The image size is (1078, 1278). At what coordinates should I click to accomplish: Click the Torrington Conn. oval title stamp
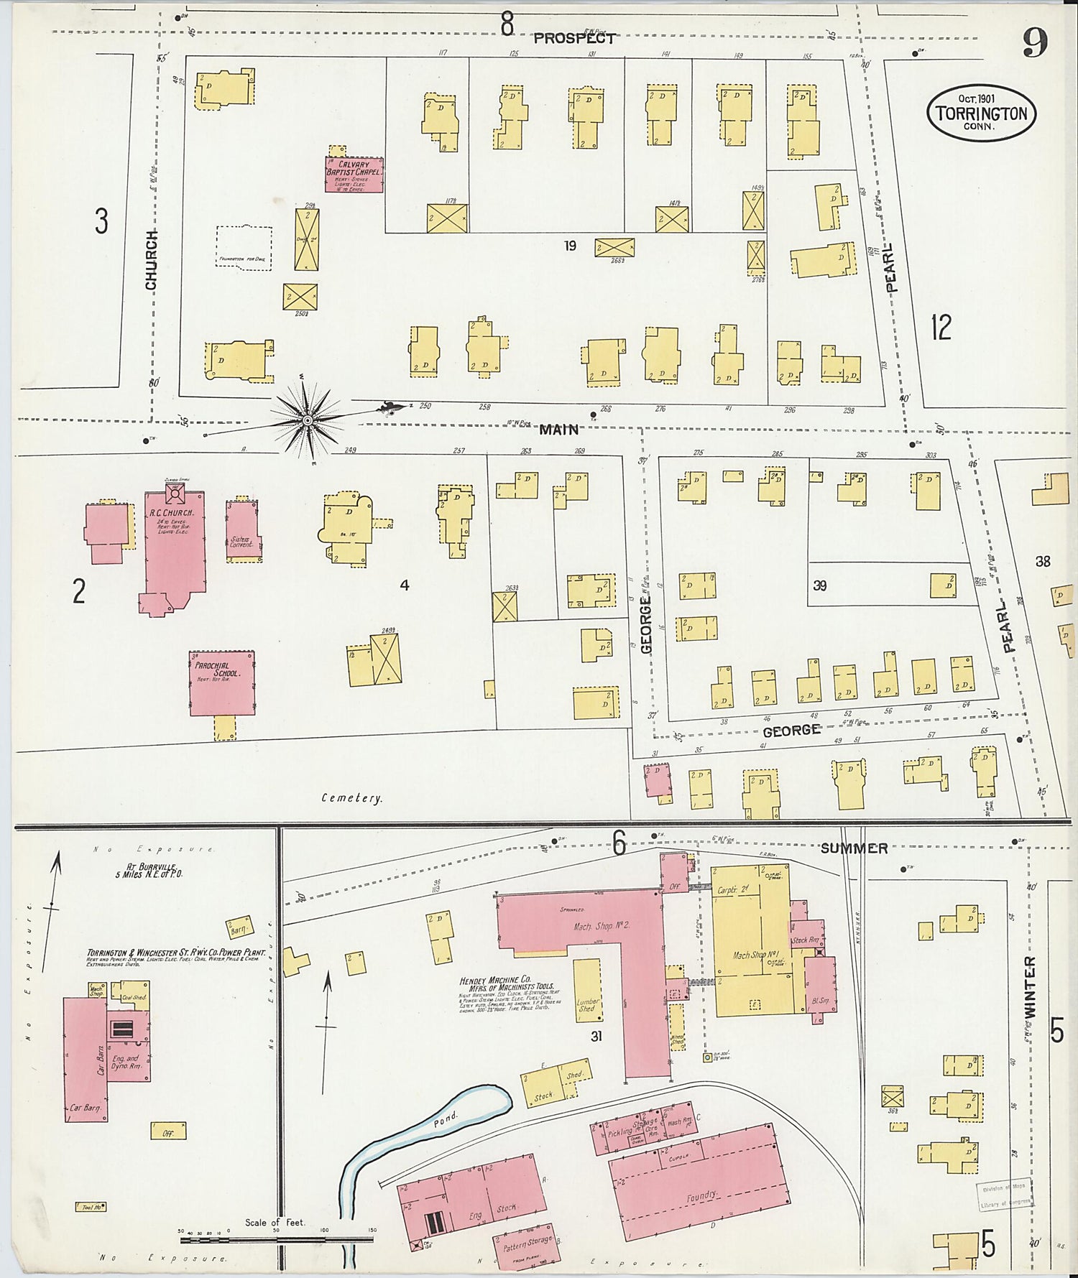click(981, 114)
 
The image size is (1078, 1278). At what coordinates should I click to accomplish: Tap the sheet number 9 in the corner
click(1035, 45)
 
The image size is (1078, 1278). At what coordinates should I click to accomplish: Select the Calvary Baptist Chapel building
click(354, 175)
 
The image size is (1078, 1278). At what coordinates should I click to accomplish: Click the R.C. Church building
click(175, 546)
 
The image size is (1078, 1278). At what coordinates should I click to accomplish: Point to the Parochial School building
click(221, 682)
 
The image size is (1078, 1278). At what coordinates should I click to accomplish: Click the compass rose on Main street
click(308, 419)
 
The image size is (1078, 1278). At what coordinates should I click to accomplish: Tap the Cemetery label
click(352, 798)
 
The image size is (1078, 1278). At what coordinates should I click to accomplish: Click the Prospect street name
click(573, 39)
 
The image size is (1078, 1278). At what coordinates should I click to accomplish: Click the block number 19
click(570, 246)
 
